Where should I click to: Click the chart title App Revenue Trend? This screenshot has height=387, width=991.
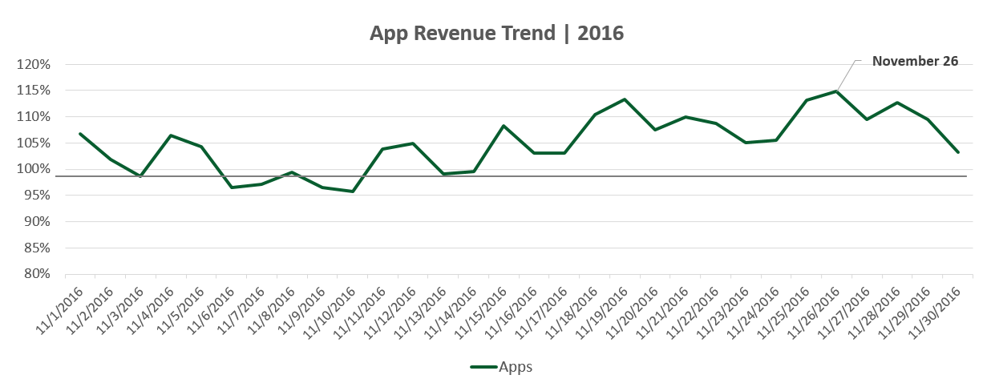[x=496, y=34]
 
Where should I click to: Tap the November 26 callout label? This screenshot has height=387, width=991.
[x=915, y=61]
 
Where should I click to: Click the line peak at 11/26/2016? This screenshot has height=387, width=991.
[x=836, y=91]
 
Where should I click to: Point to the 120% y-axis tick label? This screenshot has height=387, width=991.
[x=35, y=65]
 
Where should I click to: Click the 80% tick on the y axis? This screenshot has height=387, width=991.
[x=38, y=274]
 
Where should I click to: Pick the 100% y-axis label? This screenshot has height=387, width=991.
[x=35, y=169]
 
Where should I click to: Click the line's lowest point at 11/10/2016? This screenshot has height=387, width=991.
[x=352, y=191]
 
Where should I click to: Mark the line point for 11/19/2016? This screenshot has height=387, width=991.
[x=625, y=99]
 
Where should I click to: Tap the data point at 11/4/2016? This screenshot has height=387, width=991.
[x=171, y=135]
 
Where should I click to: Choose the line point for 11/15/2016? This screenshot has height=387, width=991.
[x=504, y=126]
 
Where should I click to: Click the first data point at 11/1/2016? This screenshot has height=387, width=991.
[x=80, y=134]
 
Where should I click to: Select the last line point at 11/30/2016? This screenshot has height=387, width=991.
[x=958, y=152]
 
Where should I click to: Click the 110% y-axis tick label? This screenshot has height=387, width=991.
[x=35, y=117]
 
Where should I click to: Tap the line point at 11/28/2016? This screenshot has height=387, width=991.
[x=897, y=103]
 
